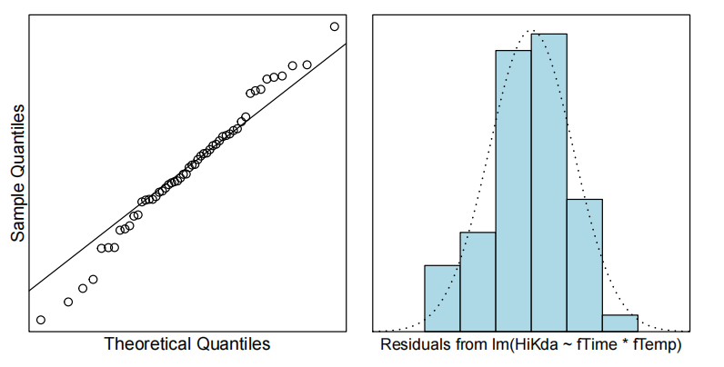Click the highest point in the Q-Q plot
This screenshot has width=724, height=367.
[335, 26]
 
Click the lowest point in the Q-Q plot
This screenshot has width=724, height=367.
[40, 320]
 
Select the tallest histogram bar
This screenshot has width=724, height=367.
[548, 182]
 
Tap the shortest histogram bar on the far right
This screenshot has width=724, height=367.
[619, 322]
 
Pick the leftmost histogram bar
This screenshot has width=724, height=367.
[442, 297]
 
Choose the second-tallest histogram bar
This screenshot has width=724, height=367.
[513, 190]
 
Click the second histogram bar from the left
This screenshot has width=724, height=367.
[478, 281]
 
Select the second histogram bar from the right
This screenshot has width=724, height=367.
[584, 264]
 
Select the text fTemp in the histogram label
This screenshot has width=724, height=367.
[656, 345]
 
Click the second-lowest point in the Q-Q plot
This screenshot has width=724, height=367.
[68, 302]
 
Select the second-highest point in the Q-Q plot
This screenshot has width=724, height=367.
[307, 64]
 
